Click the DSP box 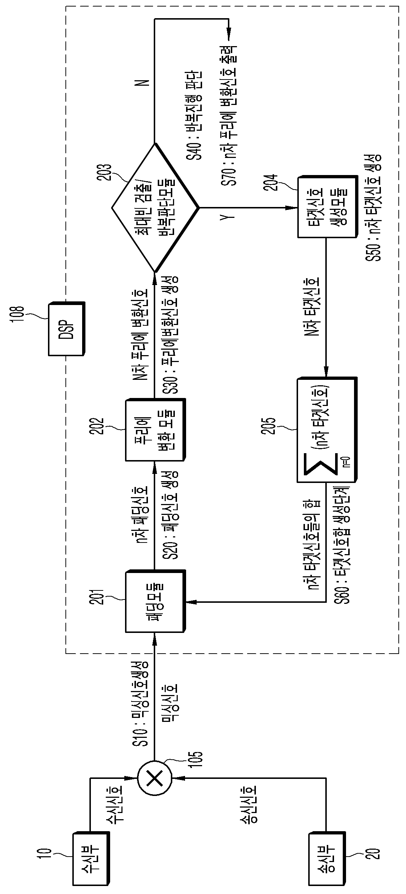[x=67, y=328]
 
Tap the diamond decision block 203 [x=155, y=207]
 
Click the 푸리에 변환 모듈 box [x=156, y=430]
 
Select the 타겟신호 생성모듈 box [x=327, y=207]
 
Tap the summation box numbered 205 [x=327, y=430]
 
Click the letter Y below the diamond [x=229, y=218]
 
